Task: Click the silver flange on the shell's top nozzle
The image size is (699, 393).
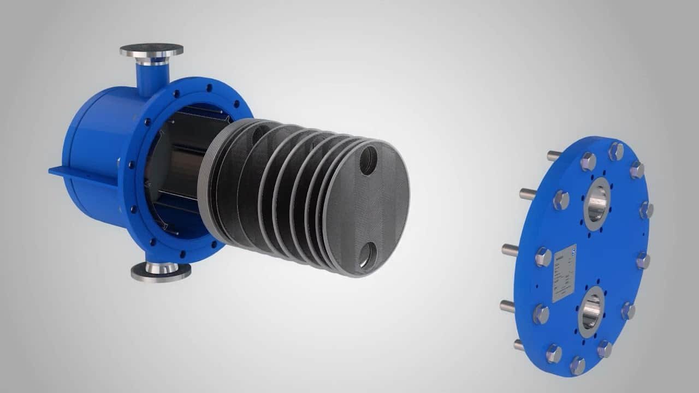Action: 151,51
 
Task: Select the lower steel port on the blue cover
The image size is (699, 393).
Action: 591,312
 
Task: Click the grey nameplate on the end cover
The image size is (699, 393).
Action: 564,272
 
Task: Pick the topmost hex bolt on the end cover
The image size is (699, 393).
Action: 616,150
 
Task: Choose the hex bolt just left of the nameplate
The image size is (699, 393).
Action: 543,257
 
